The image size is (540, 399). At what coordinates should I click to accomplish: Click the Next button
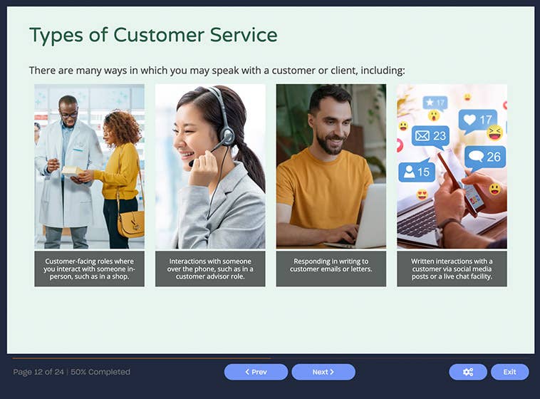[x=323, y=372]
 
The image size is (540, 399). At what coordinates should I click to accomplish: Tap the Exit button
[x=509, y=372]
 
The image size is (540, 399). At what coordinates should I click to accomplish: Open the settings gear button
[x=468, y=372]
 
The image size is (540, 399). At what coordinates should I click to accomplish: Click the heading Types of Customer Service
[x=153, y=35]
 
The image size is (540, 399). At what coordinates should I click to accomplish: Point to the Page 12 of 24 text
[x=38, y=372]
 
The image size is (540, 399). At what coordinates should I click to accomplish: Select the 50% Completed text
[x=100, y=372]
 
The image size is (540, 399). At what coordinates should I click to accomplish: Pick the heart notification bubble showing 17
[x=477, y=120]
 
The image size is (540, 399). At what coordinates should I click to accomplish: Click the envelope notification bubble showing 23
[x=431, y=135]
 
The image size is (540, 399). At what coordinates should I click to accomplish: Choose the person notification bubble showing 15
[x=416, y=172]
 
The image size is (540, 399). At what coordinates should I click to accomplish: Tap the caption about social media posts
[x=452, y=269]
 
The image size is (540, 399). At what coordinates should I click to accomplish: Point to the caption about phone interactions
[x=210, y=269]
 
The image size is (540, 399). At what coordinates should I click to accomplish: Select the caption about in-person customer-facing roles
[x=89, y=269]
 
